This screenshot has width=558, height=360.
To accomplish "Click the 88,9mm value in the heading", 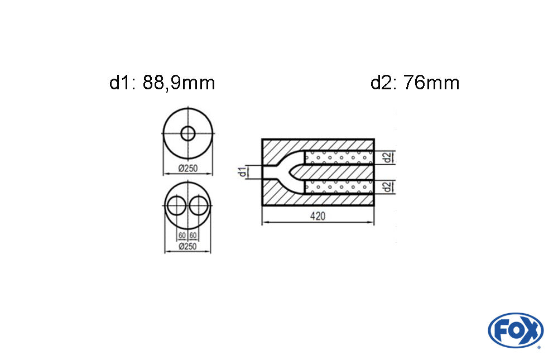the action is (179, 83).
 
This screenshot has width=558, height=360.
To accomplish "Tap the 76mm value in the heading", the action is (432, 83).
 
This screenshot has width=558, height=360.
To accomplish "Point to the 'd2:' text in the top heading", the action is (384, 83).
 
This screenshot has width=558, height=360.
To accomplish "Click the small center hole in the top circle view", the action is (188, 134).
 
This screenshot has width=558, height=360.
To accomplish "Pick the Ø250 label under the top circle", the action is (187, 168).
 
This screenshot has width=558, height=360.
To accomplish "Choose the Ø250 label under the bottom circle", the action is (187, 246).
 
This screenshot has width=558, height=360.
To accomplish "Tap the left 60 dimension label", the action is (182, 236).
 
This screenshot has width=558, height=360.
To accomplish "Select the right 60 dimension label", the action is (193, 236).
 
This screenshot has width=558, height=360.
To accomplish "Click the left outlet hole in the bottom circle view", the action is (176, 206).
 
